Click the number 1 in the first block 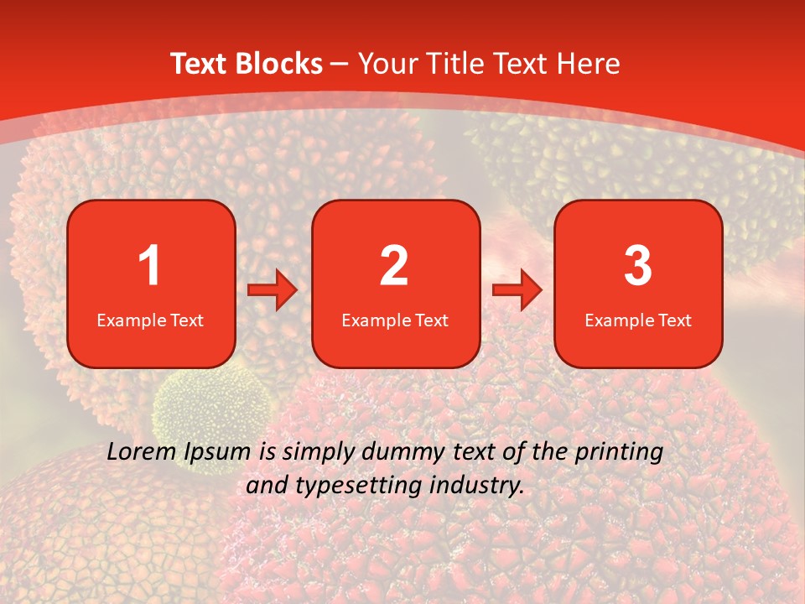[149, 266]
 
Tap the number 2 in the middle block [394, 266]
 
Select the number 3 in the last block [638, 266]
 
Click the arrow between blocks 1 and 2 [273, 291]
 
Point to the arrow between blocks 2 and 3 [517, 291]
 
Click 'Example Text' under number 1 [150, 320]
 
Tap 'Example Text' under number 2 [395, 320]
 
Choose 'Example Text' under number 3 [638, 320]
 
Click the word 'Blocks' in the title [278, 64]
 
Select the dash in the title [340, 64]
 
